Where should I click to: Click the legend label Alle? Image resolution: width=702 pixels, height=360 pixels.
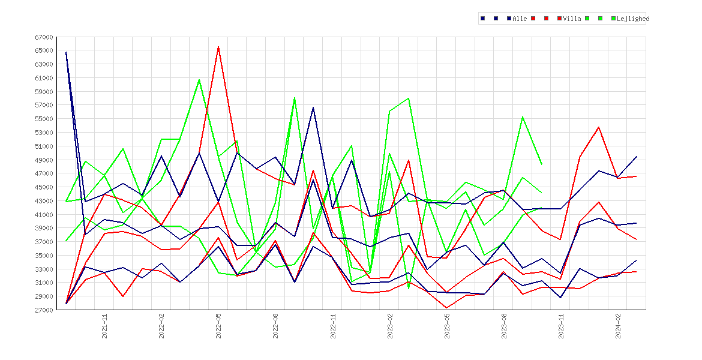click(520, 19)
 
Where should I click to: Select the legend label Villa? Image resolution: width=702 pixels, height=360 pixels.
click(572, 19)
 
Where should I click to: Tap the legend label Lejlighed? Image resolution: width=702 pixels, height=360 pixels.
click(633, 19)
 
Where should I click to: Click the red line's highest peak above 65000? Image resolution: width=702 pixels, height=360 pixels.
click(218, 47)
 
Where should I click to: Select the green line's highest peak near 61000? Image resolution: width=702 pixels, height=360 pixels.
click(199, 80)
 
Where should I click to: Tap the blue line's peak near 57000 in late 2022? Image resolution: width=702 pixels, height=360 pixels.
click(313, 107)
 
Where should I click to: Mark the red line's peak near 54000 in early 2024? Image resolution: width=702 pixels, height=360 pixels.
click(599, 127)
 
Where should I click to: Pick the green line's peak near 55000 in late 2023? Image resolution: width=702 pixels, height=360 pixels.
click(523, 117)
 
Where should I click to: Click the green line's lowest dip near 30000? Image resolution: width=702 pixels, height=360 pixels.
click(409, 288)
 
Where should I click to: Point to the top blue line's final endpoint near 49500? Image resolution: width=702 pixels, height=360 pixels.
click(637, 156)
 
